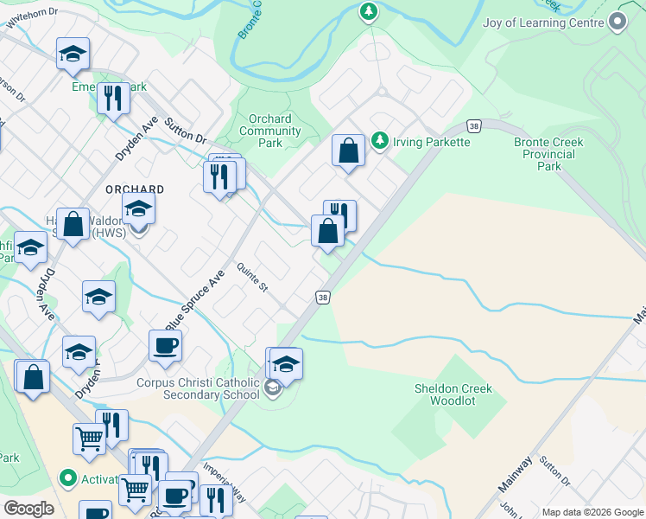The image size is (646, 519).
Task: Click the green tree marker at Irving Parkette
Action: click(x=378, y=140)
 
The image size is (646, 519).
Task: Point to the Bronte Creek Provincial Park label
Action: click(x=548, y=154)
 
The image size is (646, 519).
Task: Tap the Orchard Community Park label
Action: click(x=269, y=131)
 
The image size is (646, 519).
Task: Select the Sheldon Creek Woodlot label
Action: click(x=453, y=395)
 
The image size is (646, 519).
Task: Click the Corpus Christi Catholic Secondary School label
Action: click(x=198, y=388)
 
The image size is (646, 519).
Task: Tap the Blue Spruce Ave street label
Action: click(x=195, y=298)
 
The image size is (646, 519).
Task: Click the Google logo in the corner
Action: click(x=28, y=509)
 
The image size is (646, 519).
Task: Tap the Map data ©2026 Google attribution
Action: click(x=592, y=512)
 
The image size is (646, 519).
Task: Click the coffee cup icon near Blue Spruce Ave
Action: click(x=165, y=345)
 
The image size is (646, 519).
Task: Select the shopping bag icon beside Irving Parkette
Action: click(x=348, y=151)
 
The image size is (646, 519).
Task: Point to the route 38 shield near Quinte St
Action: click(x=322, y=297)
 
